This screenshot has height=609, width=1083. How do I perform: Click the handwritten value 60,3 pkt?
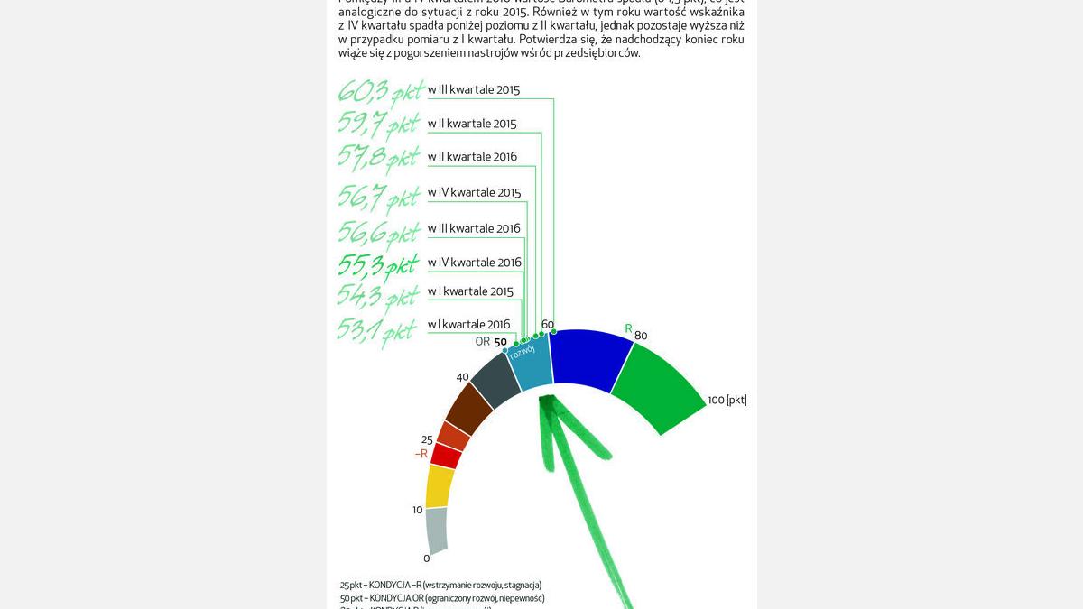pyautogui.click(x=380, y=93)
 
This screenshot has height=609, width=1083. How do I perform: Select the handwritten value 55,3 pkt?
pyautogui.click(x=380, y=265)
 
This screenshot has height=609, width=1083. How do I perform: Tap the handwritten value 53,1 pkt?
pyautogui.click(x=378, y=330)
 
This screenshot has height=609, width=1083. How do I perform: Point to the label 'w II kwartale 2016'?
pyautogui.click(x=472, y=157)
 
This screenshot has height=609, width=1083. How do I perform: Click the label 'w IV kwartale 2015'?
pyautogui.click(x=474, y=192)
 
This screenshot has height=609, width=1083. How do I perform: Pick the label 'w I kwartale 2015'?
pyautogui.click(x=470, y=291)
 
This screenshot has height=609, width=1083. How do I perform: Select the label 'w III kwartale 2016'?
pyautogui.click(x=474, y=228)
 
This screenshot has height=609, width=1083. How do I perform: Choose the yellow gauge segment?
pyautogui.click(x=440, y=486)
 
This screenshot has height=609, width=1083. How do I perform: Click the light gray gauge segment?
pyautogui.click(x=436, y=531)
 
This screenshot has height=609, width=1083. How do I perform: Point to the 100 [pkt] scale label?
pyautogui.click(x=727, y=400)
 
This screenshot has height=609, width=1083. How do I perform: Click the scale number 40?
pyautogui.click(x=463, y=377)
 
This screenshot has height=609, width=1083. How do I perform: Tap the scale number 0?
pyautogui.click(x=427, y=558)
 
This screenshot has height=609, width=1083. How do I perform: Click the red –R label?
pyautogui.click(x=421, y=454)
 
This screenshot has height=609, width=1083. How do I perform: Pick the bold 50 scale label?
pyautogui.click(x=500, y=342)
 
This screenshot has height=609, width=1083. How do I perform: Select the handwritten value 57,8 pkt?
pyautogui.click(x=380, y=159)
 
